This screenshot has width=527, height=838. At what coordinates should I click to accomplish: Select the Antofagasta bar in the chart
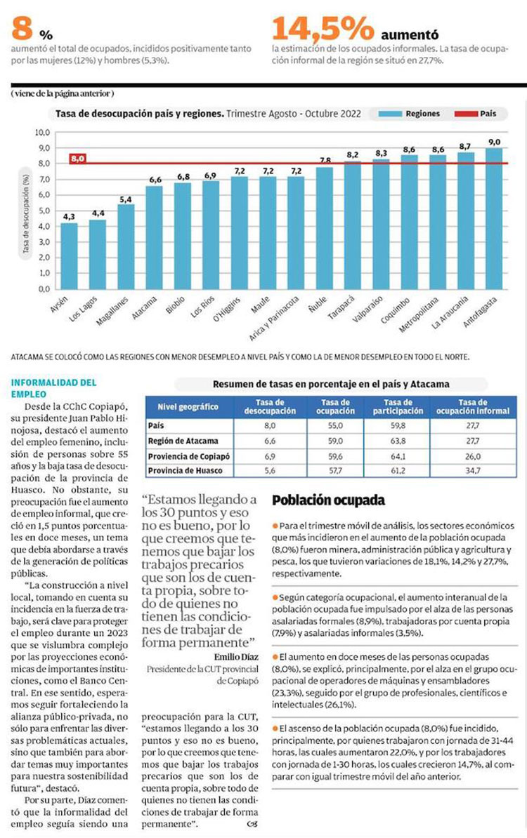[494, 218]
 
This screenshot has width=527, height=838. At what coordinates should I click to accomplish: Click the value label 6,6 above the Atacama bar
[154, 180]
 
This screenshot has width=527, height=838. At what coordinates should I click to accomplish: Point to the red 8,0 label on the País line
[77, 159]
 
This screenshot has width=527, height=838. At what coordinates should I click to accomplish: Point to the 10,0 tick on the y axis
[42, 132]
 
